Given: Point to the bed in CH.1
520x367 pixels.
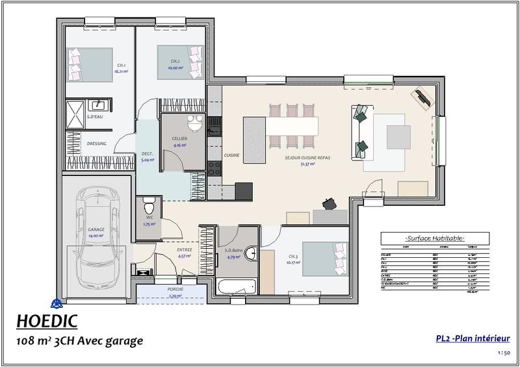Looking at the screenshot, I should tap(90, 64).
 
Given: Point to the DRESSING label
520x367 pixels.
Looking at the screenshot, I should tap(79, 144).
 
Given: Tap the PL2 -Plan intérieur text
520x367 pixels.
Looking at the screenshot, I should tap(473, 338).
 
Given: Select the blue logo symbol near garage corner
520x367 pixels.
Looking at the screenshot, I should tap(57, 303).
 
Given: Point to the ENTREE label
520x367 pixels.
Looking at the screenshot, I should tap(184, 249).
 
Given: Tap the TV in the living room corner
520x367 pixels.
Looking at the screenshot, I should tap(422, 98).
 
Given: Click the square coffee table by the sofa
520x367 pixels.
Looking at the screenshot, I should tap(398, 136).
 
